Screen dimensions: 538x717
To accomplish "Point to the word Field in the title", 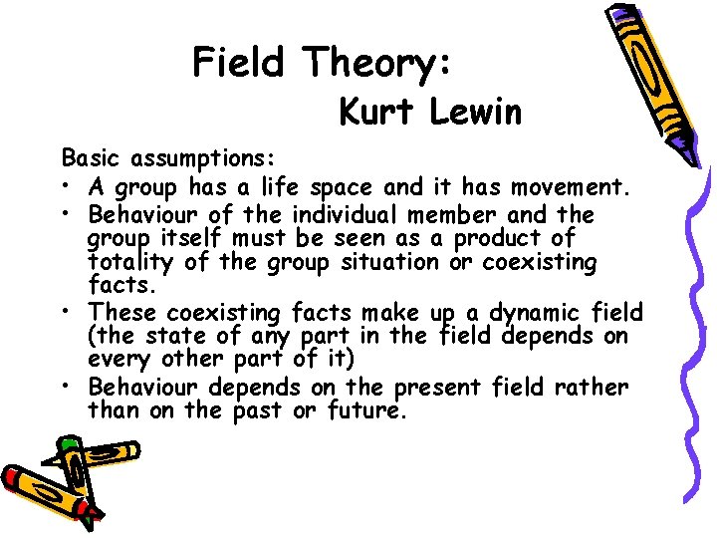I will click(x=239, y=63).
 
